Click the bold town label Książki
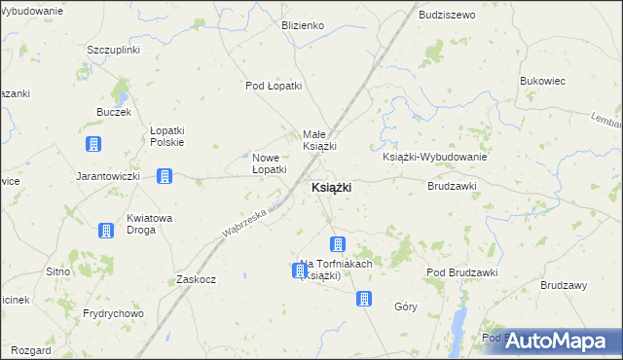point(331,187)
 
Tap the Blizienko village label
point(302,25)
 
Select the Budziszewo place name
point(447,16)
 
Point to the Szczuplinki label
point(114,50)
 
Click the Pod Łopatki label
point(274,86)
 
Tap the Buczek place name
point(114,113)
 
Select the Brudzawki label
point(452,185)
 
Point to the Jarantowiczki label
point(109,177)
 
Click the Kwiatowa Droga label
point(150,224)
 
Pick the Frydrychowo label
point(113,313)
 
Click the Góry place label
point(406,306)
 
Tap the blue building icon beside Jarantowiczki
point(165,176)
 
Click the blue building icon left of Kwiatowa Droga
point(105,231)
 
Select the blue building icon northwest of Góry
point(363,300)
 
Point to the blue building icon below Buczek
point(93,145)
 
